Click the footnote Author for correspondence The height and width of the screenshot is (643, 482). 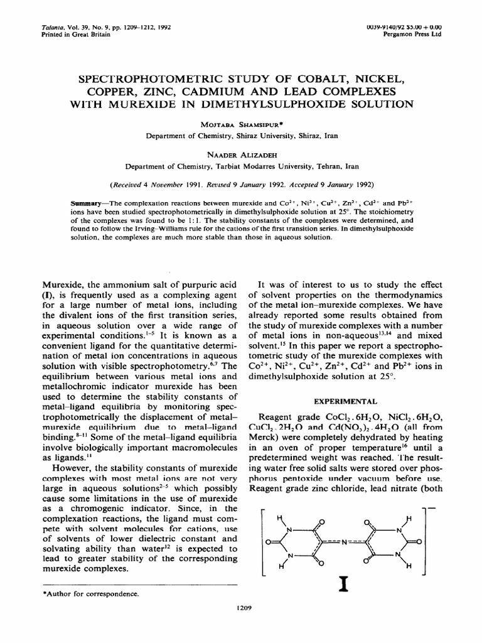coord(90,593)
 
